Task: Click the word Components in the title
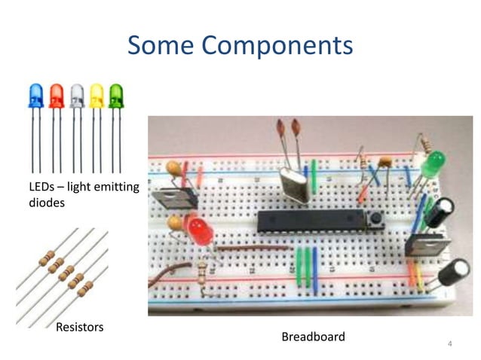pyautogui.click(x=283, y=46)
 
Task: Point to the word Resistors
pyautogui.click(x=79, y=327)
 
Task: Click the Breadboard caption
pyautogui.click(x=313, y=337)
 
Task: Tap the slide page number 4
pyautogui.click(x=450, y=344)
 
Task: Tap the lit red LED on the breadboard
pyautogui.click(x=201, y=230)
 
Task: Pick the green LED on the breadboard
pyautogui.click(x=434, y=163)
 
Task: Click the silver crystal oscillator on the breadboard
pyautogui.click(x=293, y=185)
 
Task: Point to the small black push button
pyautogui.click(x=374, y=219)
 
